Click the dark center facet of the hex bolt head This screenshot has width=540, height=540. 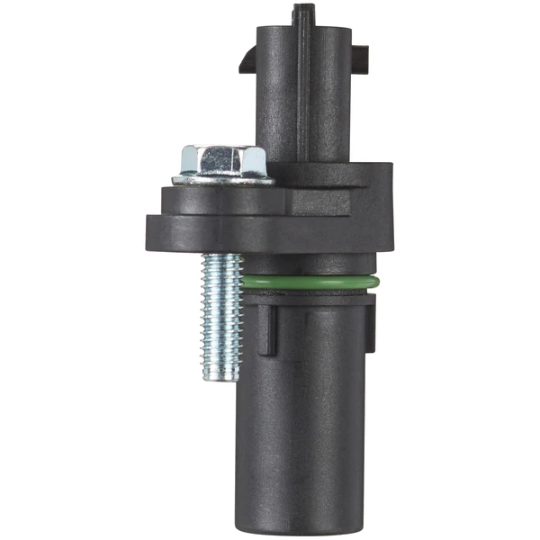pos(222,161)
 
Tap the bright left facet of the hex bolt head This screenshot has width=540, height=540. pos(192,160)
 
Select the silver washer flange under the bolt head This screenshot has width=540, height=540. pos(222,179)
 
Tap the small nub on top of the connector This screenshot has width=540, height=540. pos(303,13)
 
